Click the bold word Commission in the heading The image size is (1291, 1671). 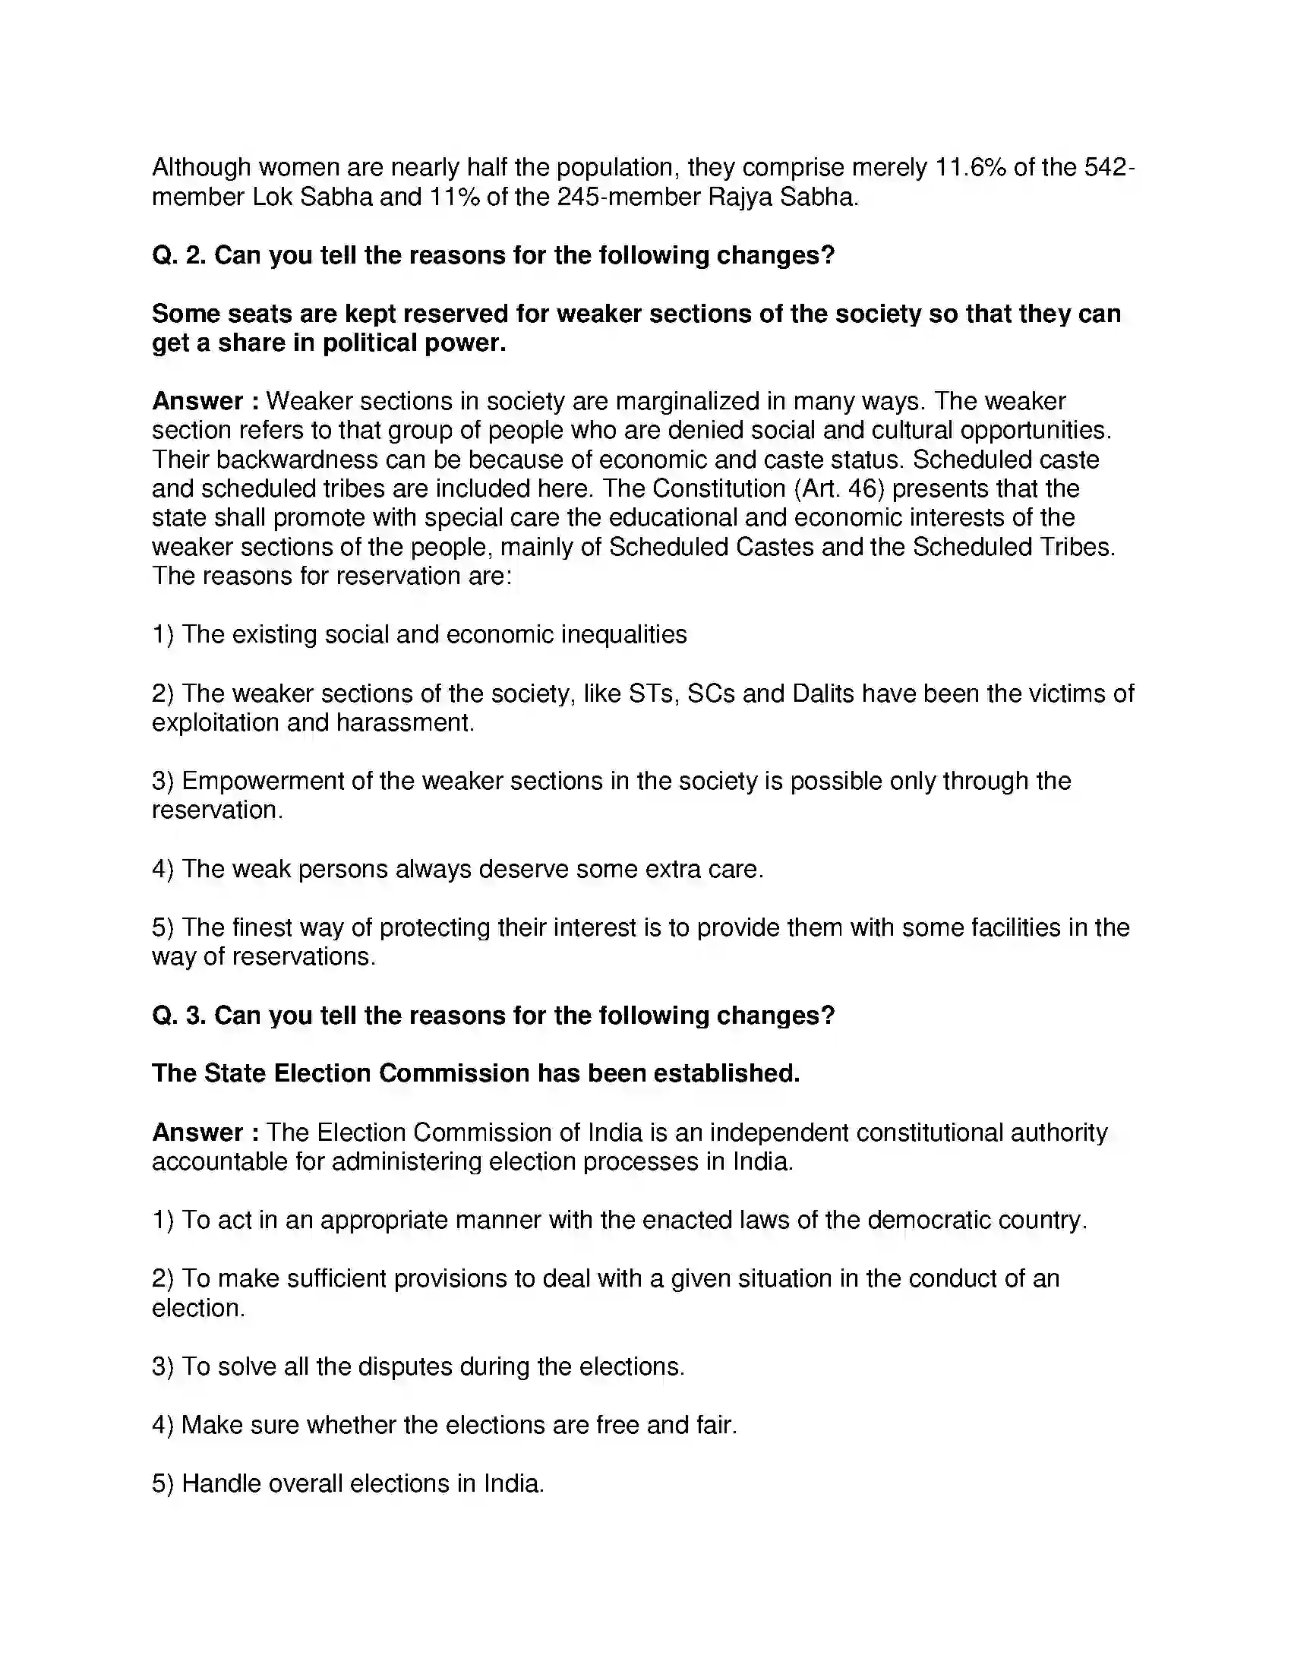pyautogui.click(x=453, y=1073)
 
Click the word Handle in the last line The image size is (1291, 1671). pyautogui.click(x=217, y=1483)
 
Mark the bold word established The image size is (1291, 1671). pyautogui.click(x=726, y=1073)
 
